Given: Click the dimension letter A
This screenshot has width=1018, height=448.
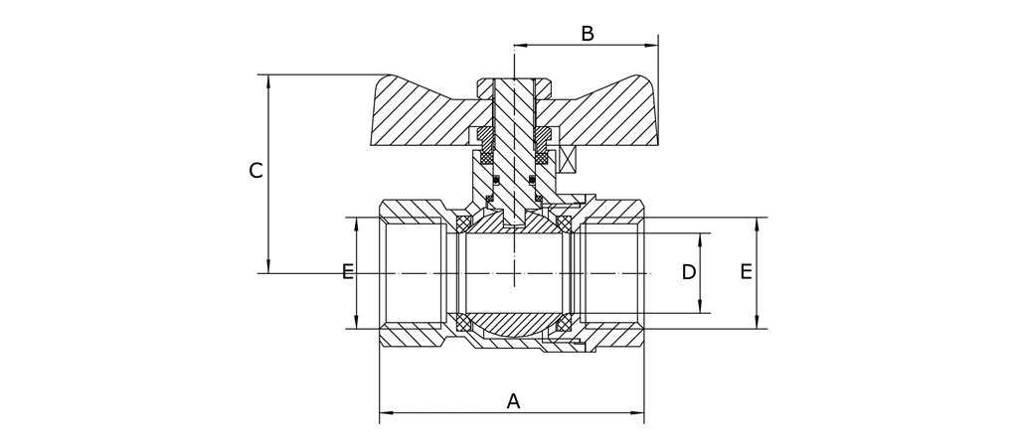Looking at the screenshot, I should pos(513,401).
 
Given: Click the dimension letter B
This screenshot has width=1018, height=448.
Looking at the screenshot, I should pos(588,34).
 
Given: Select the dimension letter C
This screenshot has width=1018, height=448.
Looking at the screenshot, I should pos(255,171).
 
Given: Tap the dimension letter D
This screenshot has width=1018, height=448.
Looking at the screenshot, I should pos(689,272).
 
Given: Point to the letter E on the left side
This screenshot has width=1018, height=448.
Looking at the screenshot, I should pos(348,272).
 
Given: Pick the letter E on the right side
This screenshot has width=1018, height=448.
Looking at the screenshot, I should pos(746,272).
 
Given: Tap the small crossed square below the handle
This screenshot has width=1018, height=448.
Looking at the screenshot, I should pos(569,159).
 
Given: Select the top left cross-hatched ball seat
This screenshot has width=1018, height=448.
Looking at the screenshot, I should pos(462,222).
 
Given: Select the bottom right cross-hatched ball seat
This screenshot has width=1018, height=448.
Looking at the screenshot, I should pos(564,323).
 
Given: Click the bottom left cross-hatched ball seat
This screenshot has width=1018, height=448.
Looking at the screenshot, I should pos(462,323).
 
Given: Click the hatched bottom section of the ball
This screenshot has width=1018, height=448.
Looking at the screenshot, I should pos(513,328).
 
